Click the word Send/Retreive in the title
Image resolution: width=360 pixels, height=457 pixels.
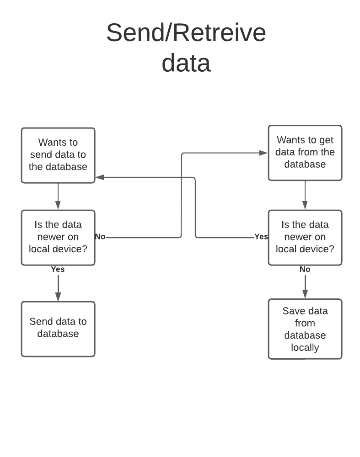186,33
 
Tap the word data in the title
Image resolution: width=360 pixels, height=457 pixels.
186,63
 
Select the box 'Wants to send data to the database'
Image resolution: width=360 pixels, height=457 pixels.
58,155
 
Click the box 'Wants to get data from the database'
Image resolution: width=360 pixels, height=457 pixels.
305,153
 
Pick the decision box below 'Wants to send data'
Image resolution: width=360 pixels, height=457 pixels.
58,237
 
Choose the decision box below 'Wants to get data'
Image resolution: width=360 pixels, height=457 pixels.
305,237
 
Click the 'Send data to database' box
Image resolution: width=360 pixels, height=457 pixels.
58,329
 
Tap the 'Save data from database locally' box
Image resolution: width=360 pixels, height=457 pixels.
305,329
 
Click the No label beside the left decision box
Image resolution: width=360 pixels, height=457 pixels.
100,237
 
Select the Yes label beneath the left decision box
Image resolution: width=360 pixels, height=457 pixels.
58,269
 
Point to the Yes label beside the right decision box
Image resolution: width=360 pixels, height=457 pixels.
261,237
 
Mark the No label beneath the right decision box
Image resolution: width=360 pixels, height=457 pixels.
305,269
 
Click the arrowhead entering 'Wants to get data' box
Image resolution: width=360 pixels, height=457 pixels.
263,153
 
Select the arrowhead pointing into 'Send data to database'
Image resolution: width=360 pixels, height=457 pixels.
58,297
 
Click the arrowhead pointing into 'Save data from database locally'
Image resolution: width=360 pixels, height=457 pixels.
305,295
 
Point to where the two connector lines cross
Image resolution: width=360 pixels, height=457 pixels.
182,177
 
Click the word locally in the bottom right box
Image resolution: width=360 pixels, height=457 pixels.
305,347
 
